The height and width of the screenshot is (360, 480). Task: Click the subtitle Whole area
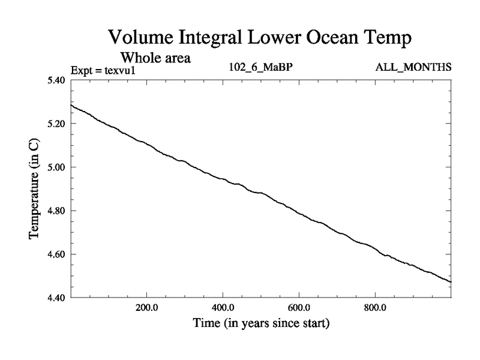(155, 58)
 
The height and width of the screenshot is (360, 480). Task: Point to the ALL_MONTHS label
(413, 67)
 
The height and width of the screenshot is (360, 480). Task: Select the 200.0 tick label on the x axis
(146, 308)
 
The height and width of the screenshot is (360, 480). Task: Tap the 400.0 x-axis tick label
(223, 308)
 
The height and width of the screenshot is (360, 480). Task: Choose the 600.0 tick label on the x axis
(299, 308)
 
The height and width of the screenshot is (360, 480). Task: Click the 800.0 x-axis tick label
(375, 308)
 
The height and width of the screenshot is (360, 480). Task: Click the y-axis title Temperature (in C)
(34, 189)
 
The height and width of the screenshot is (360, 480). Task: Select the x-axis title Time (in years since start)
(261, 324)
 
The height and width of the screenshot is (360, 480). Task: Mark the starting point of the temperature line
(71, 105)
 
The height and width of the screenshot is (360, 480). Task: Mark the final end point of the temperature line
(451, 282)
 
